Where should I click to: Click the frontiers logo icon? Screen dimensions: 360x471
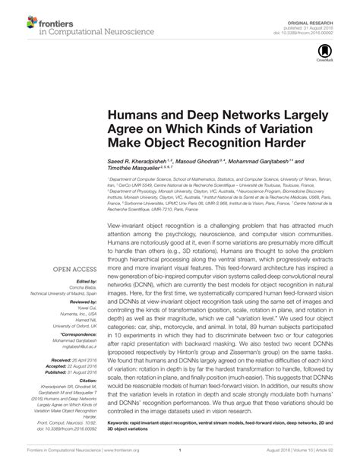21,21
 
